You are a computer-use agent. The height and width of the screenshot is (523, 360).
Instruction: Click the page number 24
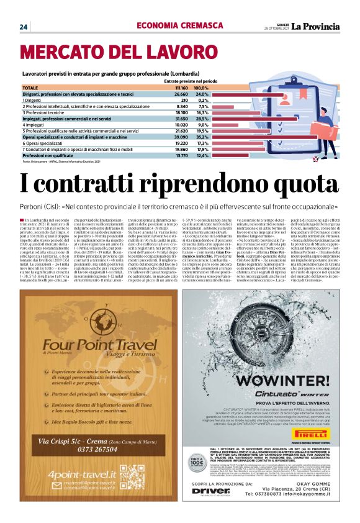tap(24, 26)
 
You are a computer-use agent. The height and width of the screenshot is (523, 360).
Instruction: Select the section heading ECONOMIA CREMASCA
tap(172, 25)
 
